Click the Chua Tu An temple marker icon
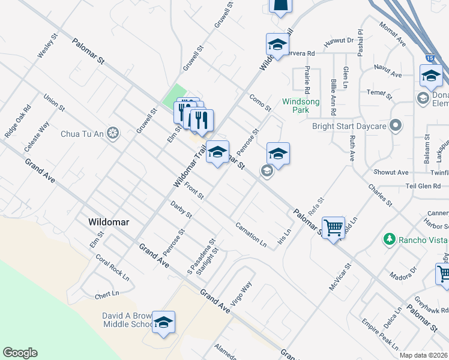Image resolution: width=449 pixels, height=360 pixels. (112, 133)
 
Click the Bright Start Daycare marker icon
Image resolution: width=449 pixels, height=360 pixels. (395, 126)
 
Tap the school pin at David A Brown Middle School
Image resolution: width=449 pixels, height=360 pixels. (163, 323)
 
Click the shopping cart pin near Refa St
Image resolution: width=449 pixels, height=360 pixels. (333, 228)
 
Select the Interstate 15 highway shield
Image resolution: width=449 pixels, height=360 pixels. (430, 58)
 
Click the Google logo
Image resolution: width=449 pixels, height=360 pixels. (20, 353)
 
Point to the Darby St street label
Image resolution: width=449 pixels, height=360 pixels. (181, 210)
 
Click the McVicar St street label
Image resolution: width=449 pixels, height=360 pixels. (339, 277)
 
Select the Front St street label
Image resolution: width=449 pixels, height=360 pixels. (194, 191)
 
